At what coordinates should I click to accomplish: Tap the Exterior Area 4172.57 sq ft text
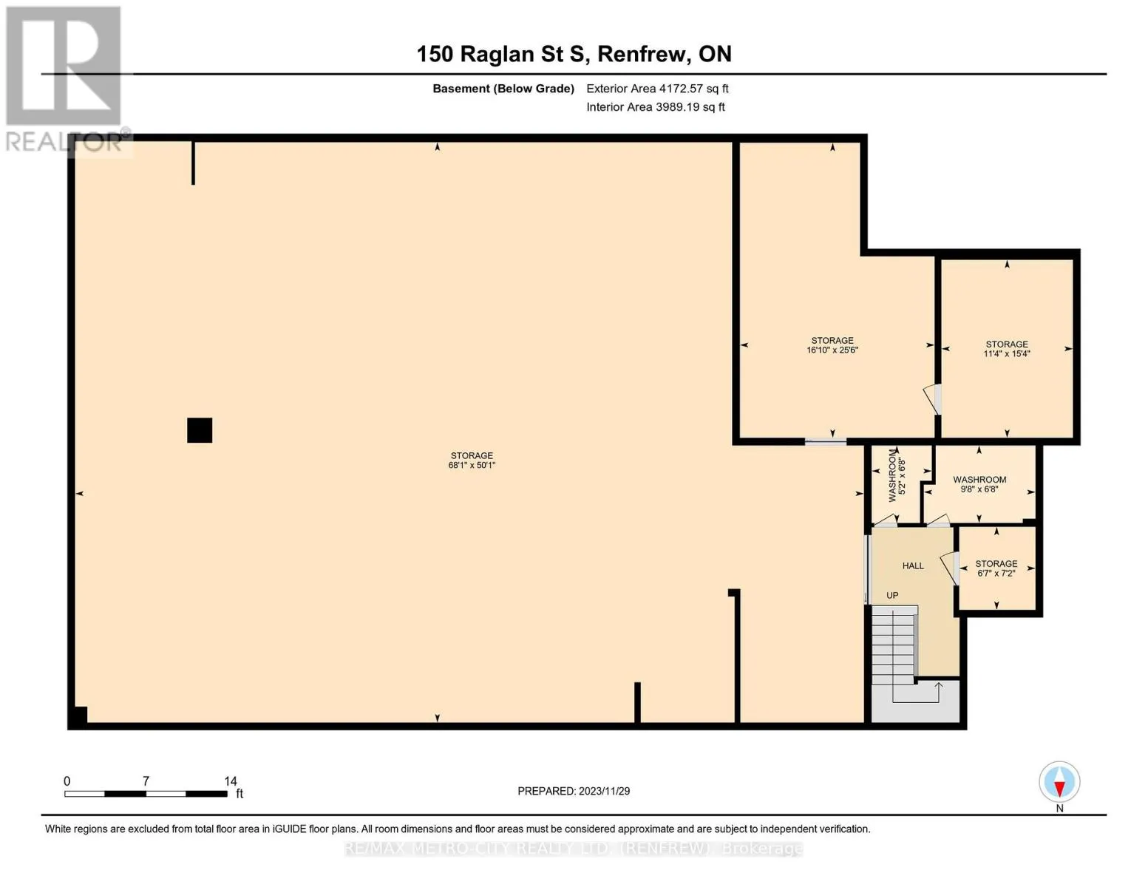pos(657,89)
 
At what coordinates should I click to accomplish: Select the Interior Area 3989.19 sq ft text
pos(656,107)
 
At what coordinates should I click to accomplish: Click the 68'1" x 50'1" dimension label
pos(472,466)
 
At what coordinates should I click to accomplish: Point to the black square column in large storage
pos(200,430)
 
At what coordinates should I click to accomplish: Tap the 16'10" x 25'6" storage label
pos(832,350)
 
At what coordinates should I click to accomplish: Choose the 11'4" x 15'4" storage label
pos(1006,353)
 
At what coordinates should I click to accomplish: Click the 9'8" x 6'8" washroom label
pos(979,489)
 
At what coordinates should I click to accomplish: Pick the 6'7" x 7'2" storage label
pos(996,573)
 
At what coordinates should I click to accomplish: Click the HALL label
pos(913,565)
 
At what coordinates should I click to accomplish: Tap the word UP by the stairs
pos(892,595)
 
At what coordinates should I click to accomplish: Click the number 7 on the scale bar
pos(146,781)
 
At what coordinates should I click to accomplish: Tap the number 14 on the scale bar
pos(231,781)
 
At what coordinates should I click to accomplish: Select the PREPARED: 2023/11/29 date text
pos(573,791)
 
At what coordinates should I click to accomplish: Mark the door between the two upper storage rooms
pos(934,400)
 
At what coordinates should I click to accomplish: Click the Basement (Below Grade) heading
pos(503,89)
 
